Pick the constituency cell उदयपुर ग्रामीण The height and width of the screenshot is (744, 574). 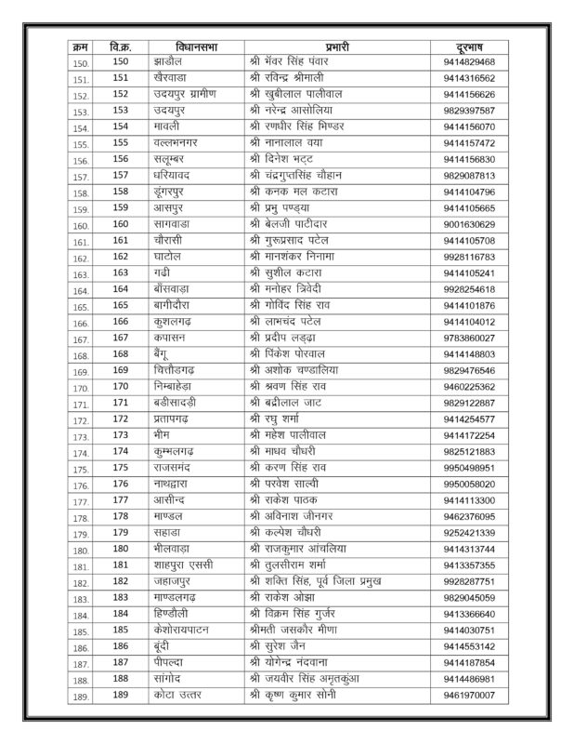tap(189, 94)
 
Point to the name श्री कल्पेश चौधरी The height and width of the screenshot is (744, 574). tap(297, 533)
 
